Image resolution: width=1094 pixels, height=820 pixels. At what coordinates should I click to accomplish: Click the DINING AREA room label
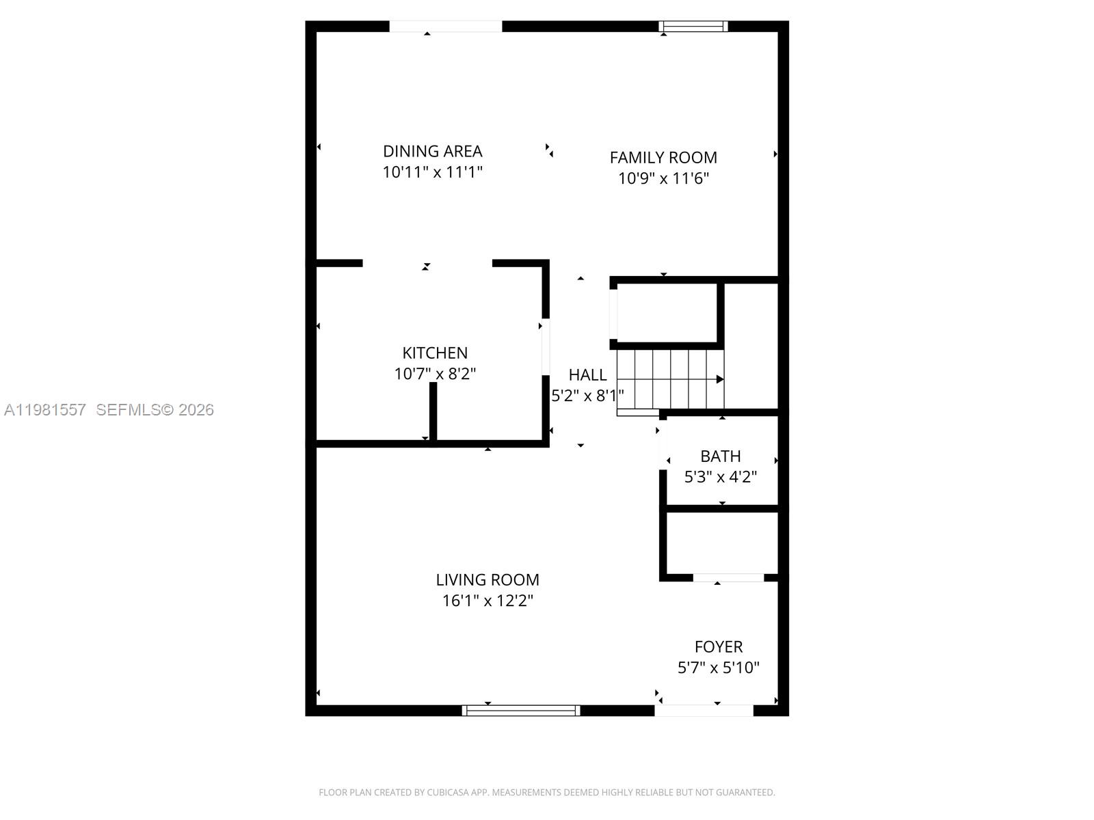tap(432, 151)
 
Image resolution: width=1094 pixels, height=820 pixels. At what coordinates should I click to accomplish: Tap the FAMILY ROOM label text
tap(663, 158)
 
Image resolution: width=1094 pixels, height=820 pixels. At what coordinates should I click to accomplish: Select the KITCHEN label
tap(435, 353)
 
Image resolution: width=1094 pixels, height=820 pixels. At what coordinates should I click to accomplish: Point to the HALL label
tap(587, 374)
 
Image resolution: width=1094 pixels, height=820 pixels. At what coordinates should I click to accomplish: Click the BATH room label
tap(720, 456)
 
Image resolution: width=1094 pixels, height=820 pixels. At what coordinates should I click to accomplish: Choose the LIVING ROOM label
tap(488, 579)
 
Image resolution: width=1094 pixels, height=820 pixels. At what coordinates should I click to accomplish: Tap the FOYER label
tap(718, 646)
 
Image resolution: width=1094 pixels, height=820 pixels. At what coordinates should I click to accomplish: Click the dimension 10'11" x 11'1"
tap(432, 172)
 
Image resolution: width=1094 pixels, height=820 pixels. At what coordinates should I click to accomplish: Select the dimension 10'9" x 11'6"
tap(663, 179)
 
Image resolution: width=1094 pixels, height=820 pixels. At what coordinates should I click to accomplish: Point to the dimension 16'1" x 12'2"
tap(488, 601)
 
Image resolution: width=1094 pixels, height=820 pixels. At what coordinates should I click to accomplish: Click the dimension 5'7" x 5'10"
tap(718, 668)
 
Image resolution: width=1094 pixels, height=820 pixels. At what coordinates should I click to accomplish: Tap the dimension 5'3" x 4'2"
tap(720, 477)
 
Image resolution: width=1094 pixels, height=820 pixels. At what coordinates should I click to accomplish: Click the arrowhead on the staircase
tap(720, 379)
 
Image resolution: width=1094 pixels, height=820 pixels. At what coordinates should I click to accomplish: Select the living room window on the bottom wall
tap(521, 711)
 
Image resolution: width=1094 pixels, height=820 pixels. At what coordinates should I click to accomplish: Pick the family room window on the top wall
tap(693, 27)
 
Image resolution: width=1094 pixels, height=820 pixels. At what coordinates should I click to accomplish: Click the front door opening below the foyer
tap(704, 711)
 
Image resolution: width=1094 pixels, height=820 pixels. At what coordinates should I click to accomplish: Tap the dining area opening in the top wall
tap(445, 27)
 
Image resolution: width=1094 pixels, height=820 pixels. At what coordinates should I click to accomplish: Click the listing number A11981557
tap(45, 409)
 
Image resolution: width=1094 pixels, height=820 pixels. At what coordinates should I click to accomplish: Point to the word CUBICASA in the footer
tap(447, 793)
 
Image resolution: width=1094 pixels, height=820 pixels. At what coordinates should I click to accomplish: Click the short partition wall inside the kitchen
tap(433, 411)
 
